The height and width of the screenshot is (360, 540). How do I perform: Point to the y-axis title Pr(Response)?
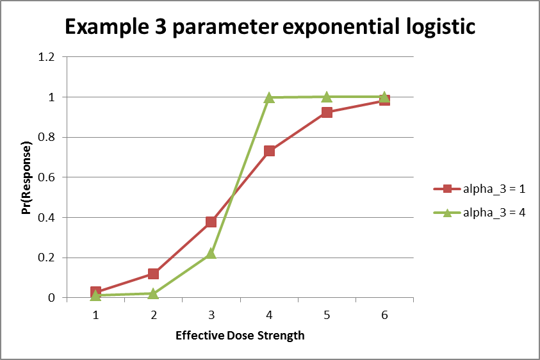(27, 177)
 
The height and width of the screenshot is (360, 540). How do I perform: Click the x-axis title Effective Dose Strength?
(240, 335)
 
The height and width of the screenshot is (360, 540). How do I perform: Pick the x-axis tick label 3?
(211, 315)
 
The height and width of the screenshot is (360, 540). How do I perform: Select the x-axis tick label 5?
(326, 315)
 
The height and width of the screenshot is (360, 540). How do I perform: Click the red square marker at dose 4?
(269, 151)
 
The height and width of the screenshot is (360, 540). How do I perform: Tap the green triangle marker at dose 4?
(269, 97)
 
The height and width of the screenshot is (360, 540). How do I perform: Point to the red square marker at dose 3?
(211, 222)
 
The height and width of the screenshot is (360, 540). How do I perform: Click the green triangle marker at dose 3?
(211, 254)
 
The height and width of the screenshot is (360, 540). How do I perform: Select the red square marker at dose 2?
(153, 274)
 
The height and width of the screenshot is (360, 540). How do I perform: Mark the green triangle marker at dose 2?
(153, 293)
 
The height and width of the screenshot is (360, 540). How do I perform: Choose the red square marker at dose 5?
(326, 113)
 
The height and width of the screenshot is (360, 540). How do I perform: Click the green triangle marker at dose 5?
(326, 97)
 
